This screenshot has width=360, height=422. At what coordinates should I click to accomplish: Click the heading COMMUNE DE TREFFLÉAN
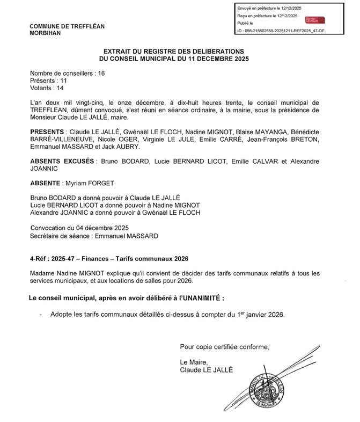67,26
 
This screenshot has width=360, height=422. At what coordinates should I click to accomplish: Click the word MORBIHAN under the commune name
46,33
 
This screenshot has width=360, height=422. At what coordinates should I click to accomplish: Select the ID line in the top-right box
281,32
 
